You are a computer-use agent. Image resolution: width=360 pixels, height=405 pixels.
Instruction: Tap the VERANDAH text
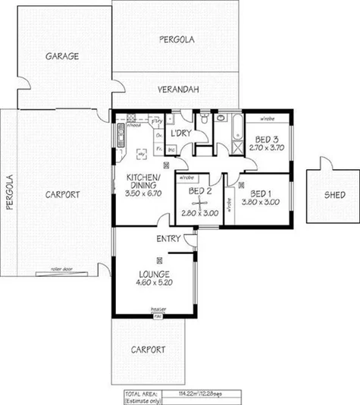point(178,90)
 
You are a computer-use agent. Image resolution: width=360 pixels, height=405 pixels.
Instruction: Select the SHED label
point(334,194)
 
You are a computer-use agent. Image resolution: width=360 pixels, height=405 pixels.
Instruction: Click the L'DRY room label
point(180,133)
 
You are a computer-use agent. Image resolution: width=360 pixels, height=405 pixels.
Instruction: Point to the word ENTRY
point(167,240)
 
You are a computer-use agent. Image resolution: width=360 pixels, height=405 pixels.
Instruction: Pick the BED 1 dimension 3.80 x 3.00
point(260,202)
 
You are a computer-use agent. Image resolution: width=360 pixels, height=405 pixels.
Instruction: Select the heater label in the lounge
point(158,309)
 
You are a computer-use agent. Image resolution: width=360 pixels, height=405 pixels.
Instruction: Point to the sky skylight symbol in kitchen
point(140,154)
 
